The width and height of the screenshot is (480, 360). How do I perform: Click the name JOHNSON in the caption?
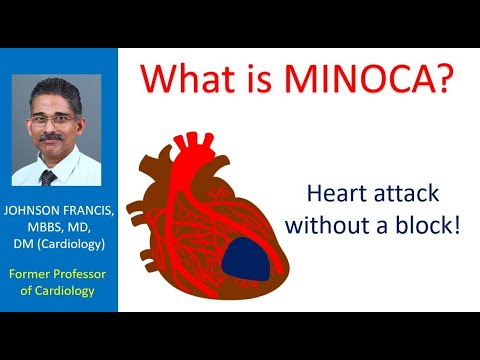pos(33,213)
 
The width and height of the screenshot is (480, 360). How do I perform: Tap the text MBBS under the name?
pos(45,229)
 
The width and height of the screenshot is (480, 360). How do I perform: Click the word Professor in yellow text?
pos(88,273)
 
